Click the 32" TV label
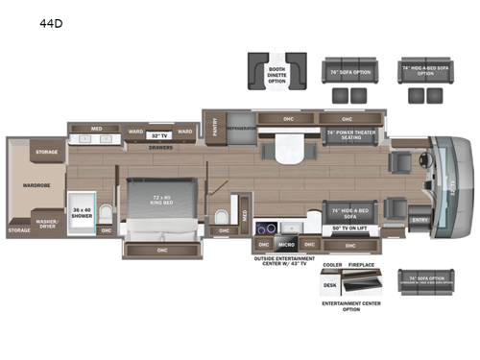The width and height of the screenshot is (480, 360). tap(158, 135)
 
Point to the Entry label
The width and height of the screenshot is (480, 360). tap(419, 220)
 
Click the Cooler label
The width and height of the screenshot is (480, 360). tap(333, 265)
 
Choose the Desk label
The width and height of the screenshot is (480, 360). tap(331, 284)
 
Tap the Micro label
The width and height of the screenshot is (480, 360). tap(285, 246)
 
